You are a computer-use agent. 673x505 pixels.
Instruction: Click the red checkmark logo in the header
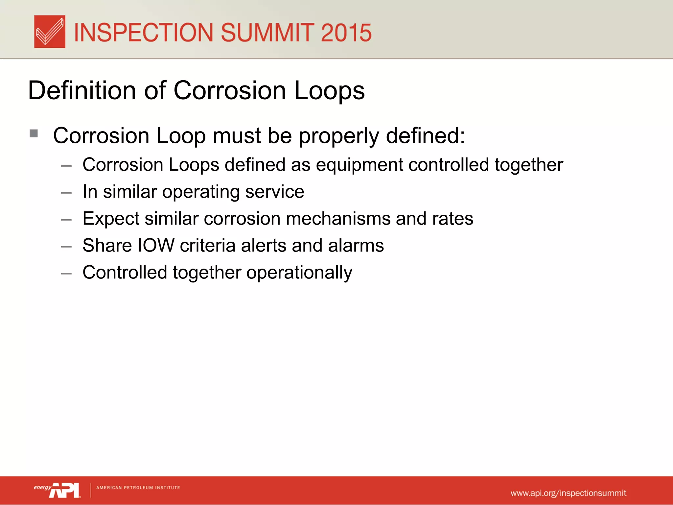(50, 32)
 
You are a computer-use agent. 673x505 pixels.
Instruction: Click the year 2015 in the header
(346, 33)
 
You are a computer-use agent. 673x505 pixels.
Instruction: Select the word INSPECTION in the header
(144, 33)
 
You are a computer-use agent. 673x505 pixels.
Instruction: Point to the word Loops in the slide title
(329, 91)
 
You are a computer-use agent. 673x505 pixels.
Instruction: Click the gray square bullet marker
(34, 133)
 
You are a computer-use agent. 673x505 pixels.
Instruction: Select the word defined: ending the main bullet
(426, 135)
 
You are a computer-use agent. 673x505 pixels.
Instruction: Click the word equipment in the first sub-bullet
(359, 165)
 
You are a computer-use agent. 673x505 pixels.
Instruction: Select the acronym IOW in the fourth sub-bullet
(156, 245)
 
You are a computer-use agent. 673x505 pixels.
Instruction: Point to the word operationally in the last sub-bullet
(299, 273)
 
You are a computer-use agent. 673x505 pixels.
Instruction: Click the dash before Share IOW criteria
(66, 247)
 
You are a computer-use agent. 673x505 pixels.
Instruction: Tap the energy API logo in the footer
(57, 490)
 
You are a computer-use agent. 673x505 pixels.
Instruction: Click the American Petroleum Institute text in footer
(138, 488)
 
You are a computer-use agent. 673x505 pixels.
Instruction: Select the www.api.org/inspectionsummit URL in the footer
(568, 493)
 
